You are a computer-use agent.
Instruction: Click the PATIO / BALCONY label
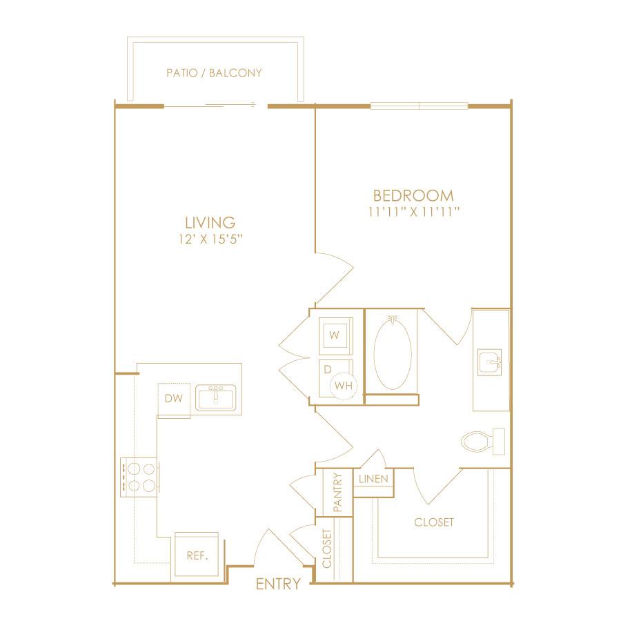[214, 73]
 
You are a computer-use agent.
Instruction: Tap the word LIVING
[210, 223]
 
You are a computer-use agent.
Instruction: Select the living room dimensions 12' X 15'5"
[210, 239]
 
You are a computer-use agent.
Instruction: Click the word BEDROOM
[413, 196]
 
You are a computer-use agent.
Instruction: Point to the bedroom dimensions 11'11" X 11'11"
[413, 212]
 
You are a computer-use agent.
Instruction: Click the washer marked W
[336, 335]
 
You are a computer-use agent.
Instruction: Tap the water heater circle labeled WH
[343, 385]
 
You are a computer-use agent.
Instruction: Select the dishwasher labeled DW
[174, 399]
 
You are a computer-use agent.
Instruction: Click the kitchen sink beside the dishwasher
[216, 398]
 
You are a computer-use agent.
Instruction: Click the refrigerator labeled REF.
[197, 555]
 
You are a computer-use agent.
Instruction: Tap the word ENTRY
[279, 584]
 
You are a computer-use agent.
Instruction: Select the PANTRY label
[337, 492]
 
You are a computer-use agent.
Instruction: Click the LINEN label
[373, 480]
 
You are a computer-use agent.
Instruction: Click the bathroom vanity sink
[490, 361]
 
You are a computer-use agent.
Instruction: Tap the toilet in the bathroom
[483, 442]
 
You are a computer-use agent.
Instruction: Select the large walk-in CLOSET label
[434, 522]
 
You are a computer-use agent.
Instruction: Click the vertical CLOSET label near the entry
[327, 549]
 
